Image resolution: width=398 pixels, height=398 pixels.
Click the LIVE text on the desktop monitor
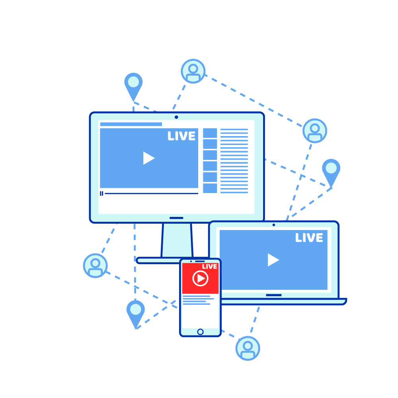pos(181,136)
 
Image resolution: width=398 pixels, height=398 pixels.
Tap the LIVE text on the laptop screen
pos(309,238)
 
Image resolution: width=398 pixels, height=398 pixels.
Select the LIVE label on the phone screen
pos(210,267)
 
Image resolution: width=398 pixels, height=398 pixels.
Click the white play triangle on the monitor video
pos(149,158)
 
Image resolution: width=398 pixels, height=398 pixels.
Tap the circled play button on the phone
pos(201,279)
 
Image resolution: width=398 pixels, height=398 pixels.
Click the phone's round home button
pos(200,332)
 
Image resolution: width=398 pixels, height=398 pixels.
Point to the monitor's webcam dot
pos(176,117)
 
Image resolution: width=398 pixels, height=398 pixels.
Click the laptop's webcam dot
pos(274,225)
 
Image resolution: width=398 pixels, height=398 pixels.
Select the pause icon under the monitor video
pos(101,194)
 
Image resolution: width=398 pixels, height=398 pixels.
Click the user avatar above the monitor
pos(193,71)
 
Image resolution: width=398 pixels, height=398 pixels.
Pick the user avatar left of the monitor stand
pos(96,266)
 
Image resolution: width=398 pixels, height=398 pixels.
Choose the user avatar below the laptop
pos(248,348)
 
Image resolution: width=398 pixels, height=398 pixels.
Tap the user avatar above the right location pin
pos(315,131)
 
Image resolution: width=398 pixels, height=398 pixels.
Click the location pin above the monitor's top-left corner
pos(133,85)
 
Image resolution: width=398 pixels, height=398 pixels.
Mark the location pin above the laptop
pos(331,171)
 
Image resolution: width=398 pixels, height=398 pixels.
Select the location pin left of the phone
pos(136,313)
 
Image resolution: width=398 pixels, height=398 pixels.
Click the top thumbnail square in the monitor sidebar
pos(210,133)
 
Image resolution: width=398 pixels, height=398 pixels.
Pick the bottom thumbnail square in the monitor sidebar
pos(210,188)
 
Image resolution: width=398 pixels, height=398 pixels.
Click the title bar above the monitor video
pos(131,124)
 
